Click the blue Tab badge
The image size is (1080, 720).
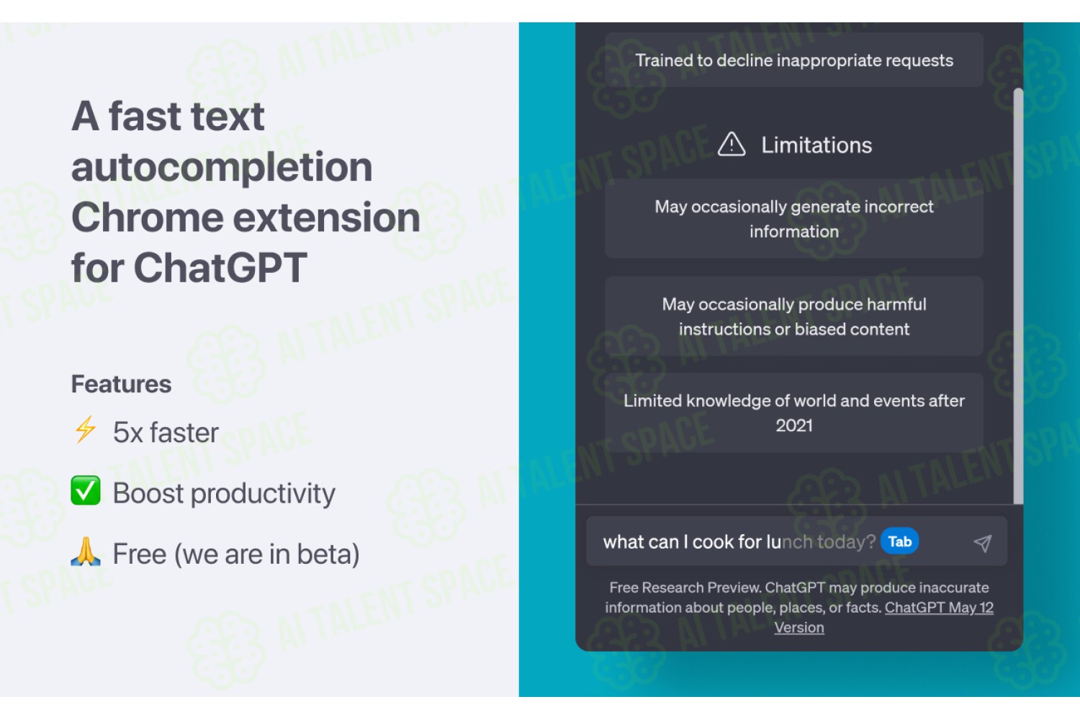click(900, 541)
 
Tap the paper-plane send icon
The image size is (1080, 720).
click(983, 543)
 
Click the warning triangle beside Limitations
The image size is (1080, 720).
click(732, 144)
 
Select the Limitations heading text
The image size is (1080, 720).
click(816, 145)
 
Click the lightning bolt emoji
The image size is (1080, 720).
click(86, 429)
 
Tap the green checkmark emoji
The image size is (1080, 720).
click(86, 490)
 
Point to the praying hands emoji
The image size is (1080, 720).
click(86, 552)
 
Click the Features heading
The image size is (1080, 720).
click(121, 384)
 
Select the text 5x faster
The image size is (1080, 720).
click(166, 432)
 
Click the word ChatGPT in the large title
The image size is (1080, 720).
click(220, 268)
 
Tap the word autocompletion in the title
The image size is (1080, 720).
click(222, 167)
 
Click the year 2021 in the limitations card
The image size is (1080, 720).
click(794, 426)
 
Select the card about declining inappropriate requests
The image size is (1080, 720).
click(794, 60)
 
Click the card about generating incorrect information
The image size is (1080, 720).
click(794, 219)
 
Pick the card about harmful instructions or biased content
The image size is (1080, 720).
click(794, 316)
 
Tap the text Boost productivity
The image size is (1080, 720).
click(224, 494)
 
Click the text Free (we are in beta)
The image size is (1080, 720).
click(235, 554)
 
